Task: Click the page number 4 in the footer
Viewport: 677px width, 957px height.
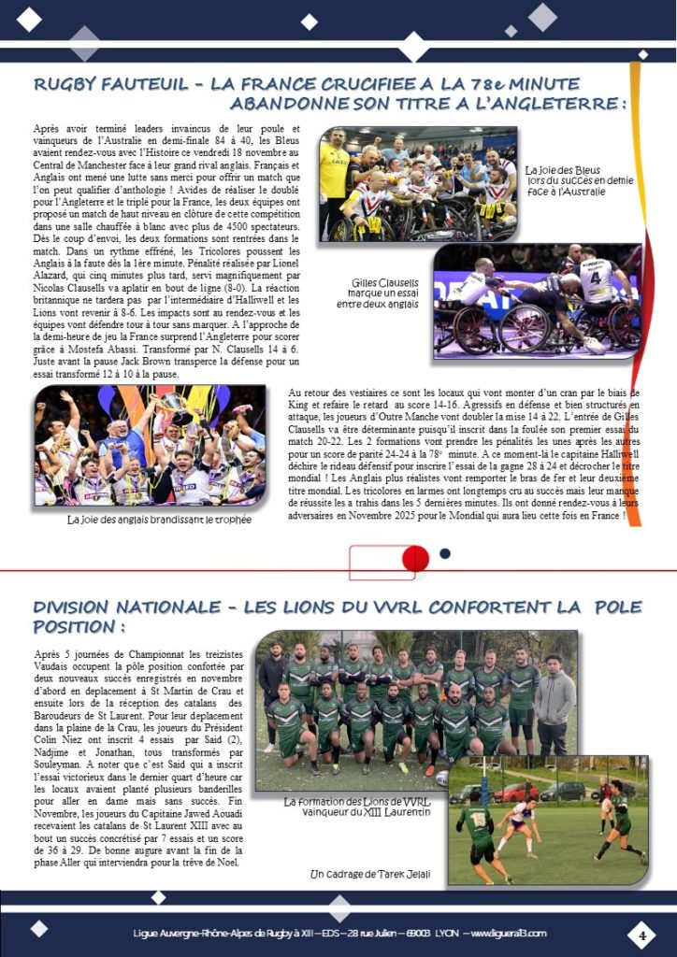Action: (642, 934)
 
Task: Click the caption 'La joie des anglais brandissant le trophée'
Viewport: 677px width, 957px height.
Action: (160, 520)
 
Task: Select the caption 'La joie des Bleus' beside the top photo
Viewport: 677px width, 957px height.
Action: (565, 167)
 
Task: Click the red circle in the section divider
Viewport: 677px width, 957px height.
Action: (415, 558)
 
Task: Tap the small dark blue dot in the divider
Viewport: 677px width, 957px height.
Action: (445, 553)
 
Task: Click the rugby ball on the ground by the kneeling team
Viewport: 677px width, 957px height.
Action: (442, 777)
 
